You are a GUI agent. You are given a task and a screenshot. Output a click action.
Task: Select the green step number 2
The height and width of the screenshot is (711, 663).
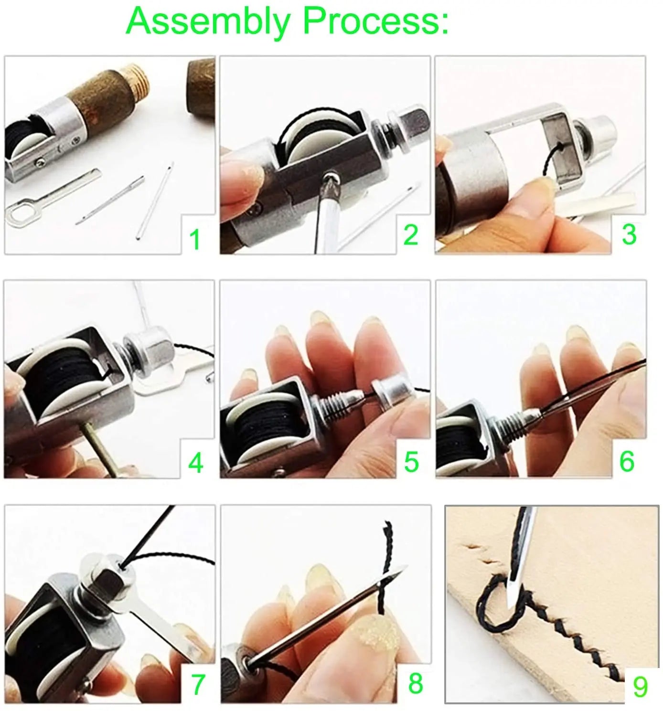click(x=411, y=235)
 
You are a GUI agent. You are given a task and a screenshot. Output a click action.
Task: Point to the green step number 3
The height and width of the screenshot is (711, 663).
click(x=629, y=234)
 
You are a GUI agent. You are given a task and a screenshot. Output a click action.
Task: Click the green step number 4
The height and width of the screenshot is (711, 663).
click(x=195, y=463)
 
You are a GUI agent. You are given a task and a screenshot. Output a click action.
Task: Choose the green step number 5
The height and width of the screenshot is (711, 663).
click(x=411, y=462)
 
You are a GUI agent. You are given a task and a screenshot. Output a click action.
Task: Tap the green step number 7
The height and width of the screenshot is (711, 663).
click(x=197, y=684)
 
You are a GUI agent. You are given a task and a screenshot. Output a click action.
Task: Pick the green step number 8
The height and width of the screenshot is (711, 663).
click(x=415, y=683)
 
